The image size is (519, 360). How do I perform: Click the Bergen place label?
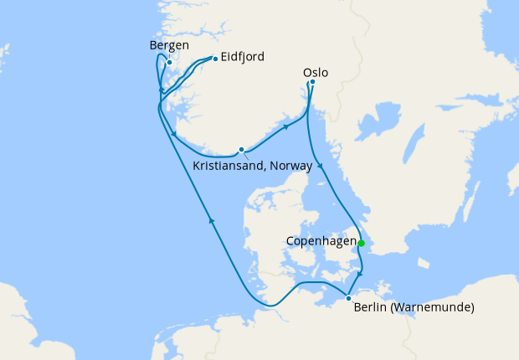[x=168, y=45]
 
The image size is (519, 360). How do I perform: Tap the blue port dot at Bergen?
[x=169, y=62]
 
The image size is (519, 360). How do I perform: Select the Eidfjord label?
[x=243, y=57]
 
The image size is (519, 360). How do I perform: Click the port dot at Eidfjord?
[x=215, y=59]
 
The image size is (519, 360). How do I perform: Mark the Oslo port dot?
[x=312, y=82]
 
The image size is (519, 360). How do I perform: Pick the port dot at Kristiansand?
[x=241, y=150]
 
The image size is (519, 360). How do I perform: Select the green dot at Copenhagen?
[x=362, y=244]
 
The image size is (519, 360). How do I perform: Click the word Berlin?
[x=370, y=308]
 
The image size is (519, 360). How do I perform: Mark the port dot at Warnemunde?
[x=348, y=297]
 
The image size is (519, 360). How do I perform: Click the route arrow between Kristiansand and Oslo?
[x=287, y=127]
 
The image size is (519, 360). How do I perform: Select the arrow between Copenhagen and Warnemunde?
[x=360, y=275]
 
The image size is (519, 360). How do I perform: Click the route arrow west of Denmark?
[x=212, y=221]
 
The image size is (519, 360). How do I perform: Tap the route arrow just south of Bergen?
[x=161, y=89]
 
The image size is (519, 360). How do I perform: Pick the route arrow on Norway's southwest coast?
[x=172, y=134]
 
